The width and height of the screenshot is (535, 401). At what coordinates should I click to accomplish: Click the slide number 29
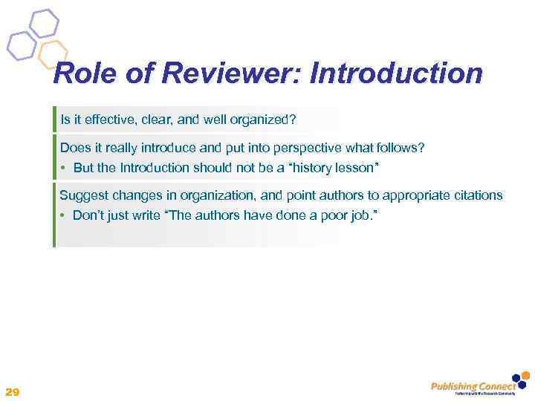[12, 391]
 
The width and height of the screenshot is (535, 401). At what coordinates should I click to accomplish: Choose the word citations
[476, 195]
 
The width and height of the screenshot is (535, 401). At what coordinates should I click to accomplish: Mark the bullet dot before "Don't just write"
[65, 216]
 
